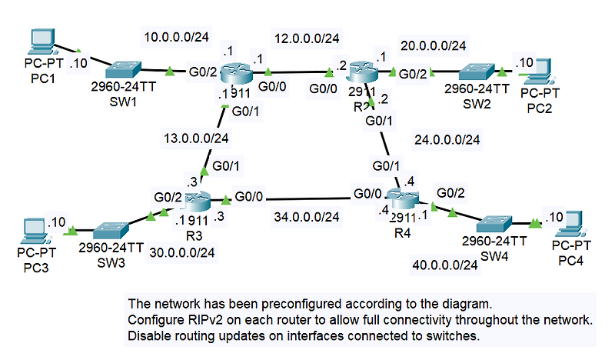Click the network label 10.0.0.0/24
(x=177, y=36)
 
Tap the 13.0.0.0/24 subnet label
(x=196, y=138)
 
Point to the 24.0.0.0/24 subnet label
(x=447, y=140)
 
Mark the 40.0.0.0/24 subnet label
(x=446, y=265)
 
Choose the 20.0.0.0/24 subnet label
(x=433, y=46)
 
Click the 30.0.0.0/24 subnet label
(x=181, y=252)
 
